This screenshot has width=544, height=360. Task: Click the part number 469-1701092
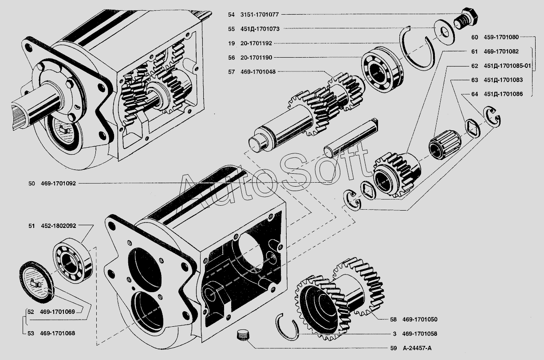pyautogui.click(x=58, y=183)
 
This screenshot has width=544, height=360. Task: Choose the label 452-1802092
pyautogui.click(x=58, y=226)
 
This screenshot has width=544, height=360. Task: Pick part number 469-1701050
pyautogui.click(x=420, y=319)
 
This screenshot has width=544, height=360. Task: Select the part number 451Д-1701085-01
pyautogui.click(x=508, y=66)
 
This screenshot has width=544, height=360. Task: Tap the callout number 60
pyautogui.click(x=474, y=37)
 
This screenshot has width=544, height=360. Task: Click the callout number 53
pyautogui.click(x=31, y=333)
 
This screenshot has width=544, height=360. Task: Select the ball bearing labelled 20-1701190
pyautogui.click(x=382, y=69)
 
